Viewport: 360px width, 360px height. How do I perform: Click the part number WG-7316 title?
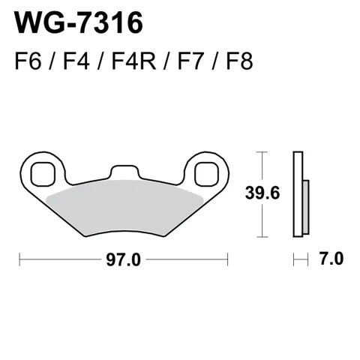(x=79, y=22)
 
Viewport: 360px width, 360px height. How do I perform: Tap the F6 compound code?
(x=28, y=61)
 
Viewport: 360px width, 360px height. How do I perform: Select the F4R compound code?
(x=133, y=61)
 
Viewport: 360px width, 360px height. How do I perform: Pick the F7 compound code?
(x=190, y=61)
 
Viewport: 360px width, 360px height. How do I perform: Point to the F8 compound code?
(x=239, y=61)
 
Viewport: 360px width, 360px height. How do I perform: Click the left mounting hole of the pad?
(x=43, y=174)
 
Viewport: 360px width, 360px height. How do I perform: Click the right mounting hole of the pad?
(x=207, y=174)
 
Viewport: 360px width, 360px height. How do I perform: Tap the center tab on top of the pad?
(x=124, y=172)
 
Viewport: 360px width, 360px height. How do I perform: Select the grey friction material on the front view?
(x=125, y=208)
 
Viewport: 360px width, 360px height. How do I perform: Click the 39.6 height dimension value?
(x=262, y=193)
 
